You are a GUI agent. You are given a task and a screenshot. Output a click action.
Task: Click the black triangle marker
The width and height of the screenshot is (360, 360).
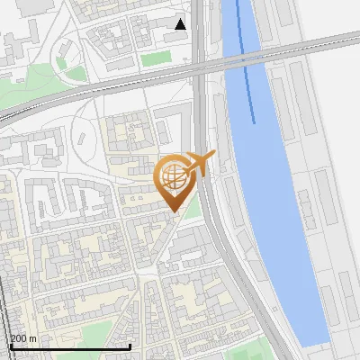pos(181,24)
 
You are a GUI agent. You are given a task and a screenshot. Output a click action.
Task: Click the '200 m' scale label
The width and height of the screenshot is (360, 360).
pos(23,338)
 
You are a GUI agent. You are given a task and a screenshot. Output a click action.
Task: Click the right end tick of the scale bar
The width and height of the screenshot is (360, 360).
pos(130,345)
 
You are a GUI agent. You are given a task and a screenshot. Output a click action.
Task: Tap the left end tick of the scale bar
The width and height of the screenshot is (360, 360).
pos(10,345)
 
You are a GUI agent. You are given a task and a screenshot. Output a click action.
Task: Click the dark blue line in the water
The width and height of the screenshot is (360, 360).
pos(246,63)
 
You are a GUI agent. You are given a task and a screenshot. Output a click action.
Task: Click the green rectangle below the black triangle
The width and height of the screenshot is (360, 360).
pos(156,58)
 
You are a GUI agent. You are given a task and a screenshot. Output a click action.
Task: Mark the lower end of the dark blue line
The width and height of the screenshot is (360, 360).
pos(254,122)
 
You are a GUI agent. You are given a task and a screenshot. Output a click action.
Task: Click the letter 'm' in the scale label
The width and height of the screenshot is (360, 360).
pos(32,338)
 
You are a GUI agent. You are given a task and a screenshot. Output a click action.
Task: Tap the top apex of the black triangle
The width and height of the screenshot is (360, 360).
pos(181,19)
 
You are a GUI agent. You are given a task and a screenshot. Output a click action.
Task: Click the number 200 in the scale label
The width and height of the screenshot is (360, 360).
pos(19,338)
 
